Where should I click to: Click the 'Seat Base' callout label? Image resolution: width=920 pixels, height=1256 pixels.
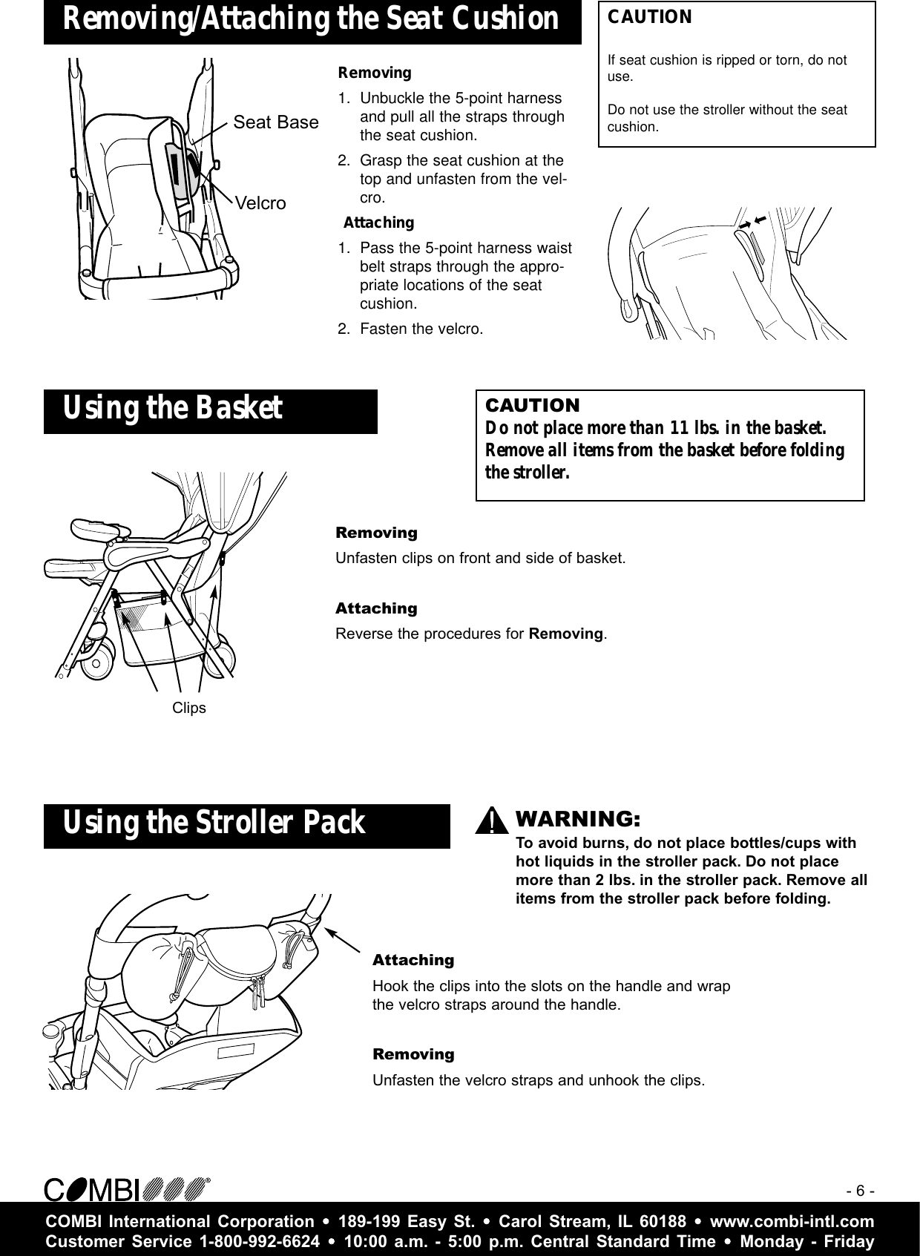coord(276,122)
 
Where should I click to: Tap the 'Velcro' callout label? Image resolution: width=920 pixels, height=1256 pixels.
coord(260,203)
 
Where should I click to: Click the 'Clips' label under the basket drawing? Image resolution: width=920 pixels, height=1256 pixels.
coord(189,708)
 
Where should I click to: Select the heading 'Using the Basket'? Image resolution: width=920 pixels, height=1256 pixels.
coord(173,408)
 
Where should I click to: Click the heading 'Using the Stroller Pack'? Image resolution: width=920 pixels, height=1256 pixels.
coord(214,823)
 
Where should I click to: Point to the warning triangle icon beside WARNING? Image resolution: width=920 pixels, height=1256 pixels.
coord(491,822)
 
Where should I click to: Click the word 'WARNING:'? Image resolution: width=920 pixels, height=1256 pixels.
coord(577,819)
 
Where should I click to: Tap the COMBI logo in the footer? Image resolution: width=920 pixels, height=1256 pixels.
coord(126,1188)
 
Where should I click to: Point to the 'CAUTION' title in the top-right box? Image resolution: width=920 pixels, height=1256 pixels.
coord(650,18)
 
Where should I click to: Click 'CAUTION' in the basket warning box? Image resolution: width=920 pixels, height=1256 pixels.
coord(532,406)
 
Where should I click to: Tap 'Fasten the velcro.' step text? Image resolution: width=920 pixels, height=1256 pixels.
coord(421,329)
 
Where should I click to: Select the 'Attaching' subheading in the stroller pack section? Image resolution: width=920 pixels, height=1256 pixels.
coord(413,961)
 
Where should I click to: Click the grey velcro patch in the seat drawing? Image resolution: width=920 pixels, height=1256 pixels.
coord(177,169)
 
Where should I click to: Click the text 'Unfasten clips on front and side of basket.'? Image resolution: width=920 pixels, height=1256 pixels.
coord(481,558)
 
